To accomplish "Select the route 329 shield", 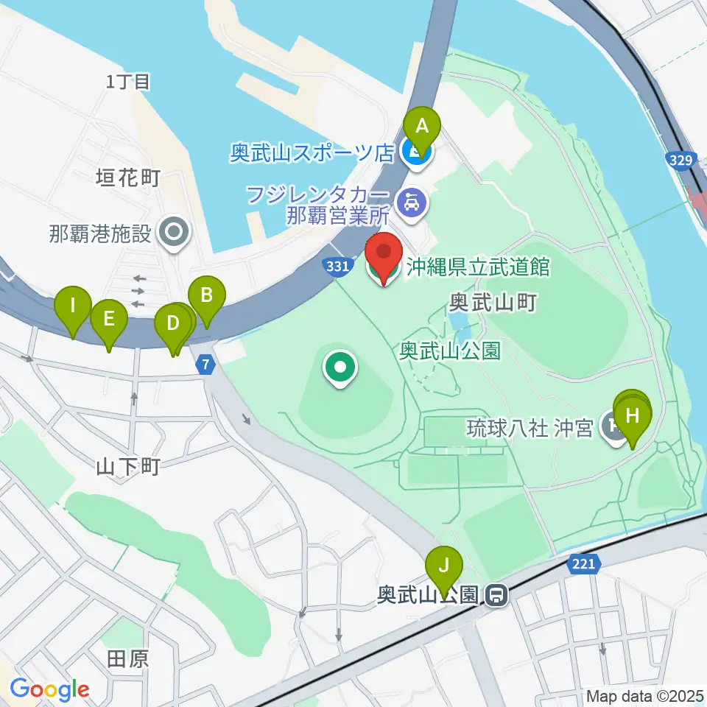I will pyautogui.click(x=679, y=158).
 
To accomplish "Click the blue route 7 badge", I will pyautogui.click(x=205, y=364).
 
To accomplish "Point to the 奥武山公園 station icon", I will pyautogui.click(x=499, y=594).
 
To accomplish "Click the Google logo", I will pyautogui.click(x=49, y=689).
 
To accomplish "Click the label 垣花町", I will pyautogui.click(x=128, y=178).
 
